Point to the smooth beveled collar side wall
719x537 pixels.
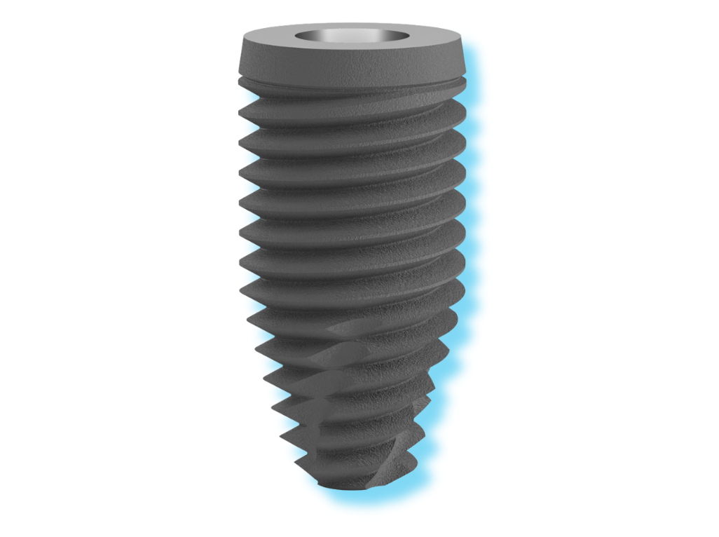point(350,63)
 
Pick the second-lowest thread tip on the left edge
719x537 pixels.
point(282,437)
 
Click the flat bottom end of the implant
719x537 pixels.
point(350,487)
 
